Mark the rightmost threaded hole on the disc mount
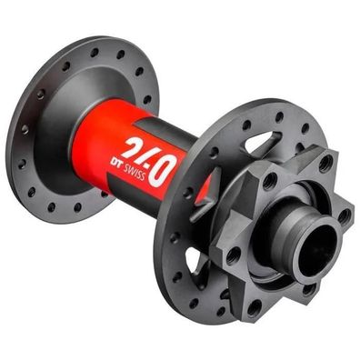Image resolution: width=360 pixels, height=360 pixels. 345,215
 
